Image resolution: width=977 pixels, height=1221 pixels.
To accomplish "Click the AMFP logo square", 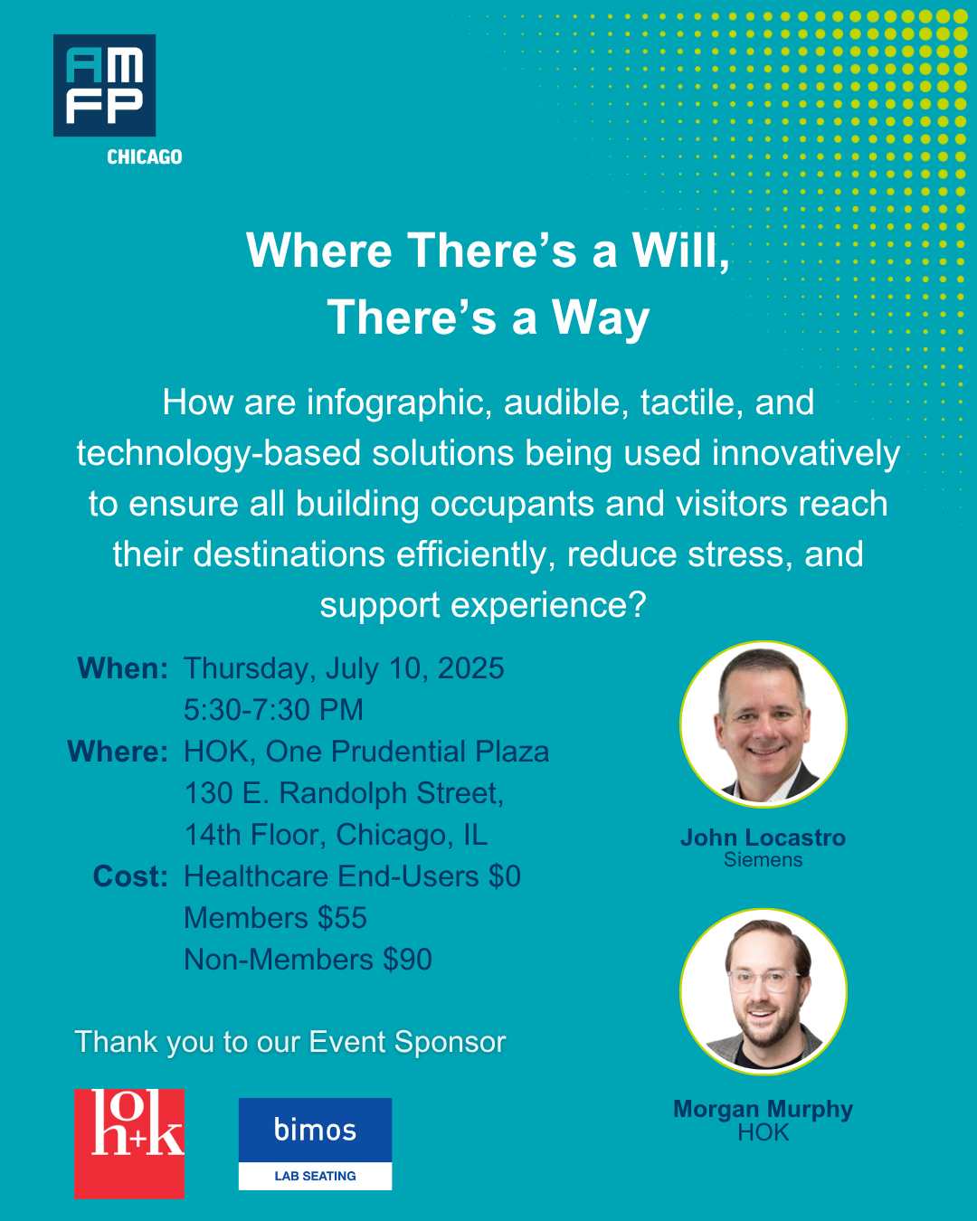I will coord(104,86).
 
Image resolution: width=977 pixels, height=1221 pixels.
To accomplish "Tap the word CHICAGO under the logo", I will coord(145,157).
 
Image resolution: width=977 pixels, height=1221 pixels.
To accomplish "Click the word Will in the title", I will coord(679,251).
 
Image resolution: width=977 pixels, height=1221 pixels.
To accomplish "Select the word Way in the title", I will coord(601,318).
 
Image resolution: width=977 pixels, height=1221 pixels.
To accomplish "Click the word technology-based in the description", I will coord(218,453).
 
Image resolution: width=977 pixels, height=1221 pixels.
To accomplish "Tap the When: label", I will coord(123,668).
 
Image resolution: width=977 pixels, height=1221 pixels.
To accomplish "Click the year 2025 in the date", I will coord(470,668).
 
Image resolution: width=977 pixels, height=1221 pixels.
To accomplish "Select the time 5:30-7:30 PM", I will coord(273,710).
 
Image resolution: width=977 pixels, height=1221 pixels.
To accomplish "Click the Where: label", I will coord(118,752).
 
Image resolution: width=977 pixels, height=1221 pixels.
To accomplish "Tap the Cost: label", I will coord(130,876).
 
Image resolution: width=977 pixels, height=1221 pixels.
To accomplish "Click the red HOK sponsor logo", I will coord(129,1143).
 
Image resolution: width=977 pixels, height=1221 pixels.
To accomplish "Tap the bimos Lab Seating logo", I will coord(315,1143).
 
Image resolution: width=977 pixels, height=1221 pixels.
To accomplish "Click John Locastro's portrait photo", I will coord(764,724).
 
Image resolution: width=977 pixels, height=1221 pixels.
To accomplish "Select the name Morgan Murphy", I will coord(764,1109).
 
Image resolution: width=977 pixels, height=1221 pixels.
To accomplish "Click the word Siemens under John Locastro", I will coord(764,860).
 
